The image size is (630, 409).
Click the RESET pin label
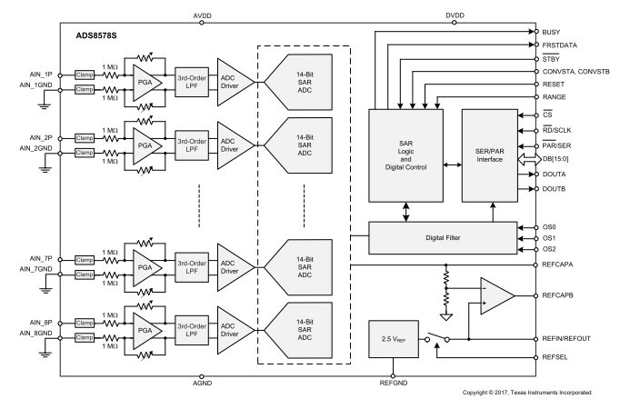tap(555, 83)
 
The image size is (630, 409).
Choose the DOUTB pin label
tap(555, 188)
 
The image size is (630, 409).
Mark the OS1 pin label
tap(548, 238)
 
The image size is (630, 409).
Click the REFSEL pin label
tap(555, 358)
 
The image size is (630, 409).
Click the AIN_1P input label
tap(37, 75)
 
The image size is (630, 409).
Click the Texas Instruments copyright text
tap(526, 393)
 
